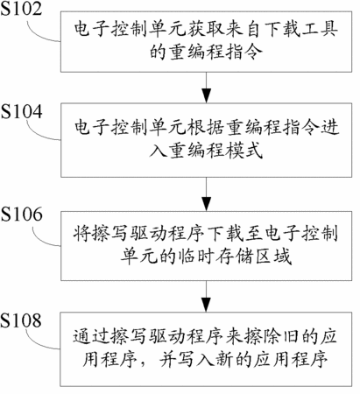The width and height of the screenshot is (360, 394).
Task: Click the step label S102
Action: tap(21, 8)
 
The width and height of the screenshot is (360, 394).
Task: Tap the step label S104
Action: tap(22, 112)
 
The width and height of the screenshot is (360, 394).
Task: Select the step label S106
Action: tap(22, 215)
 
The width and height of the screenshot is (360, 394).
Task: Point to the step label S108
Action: tap(21, 320)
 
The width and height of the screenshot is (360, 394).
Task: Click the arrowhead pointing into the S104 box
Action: tap(206, 95)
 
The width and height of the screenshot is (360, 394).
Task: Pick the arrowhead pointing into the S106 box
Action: tap(206, 203)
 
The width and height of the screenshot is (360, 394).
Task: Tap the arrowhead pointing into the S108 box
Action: tap(206, 305)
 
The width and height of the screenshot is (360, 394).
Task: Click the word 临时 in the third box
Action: tap(197, 257)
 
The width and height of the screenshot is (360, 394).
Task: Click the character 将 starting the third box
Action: tap(82, 234)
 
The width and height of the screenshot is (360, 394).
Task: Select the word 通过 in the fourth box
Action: tap(91, 336)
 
